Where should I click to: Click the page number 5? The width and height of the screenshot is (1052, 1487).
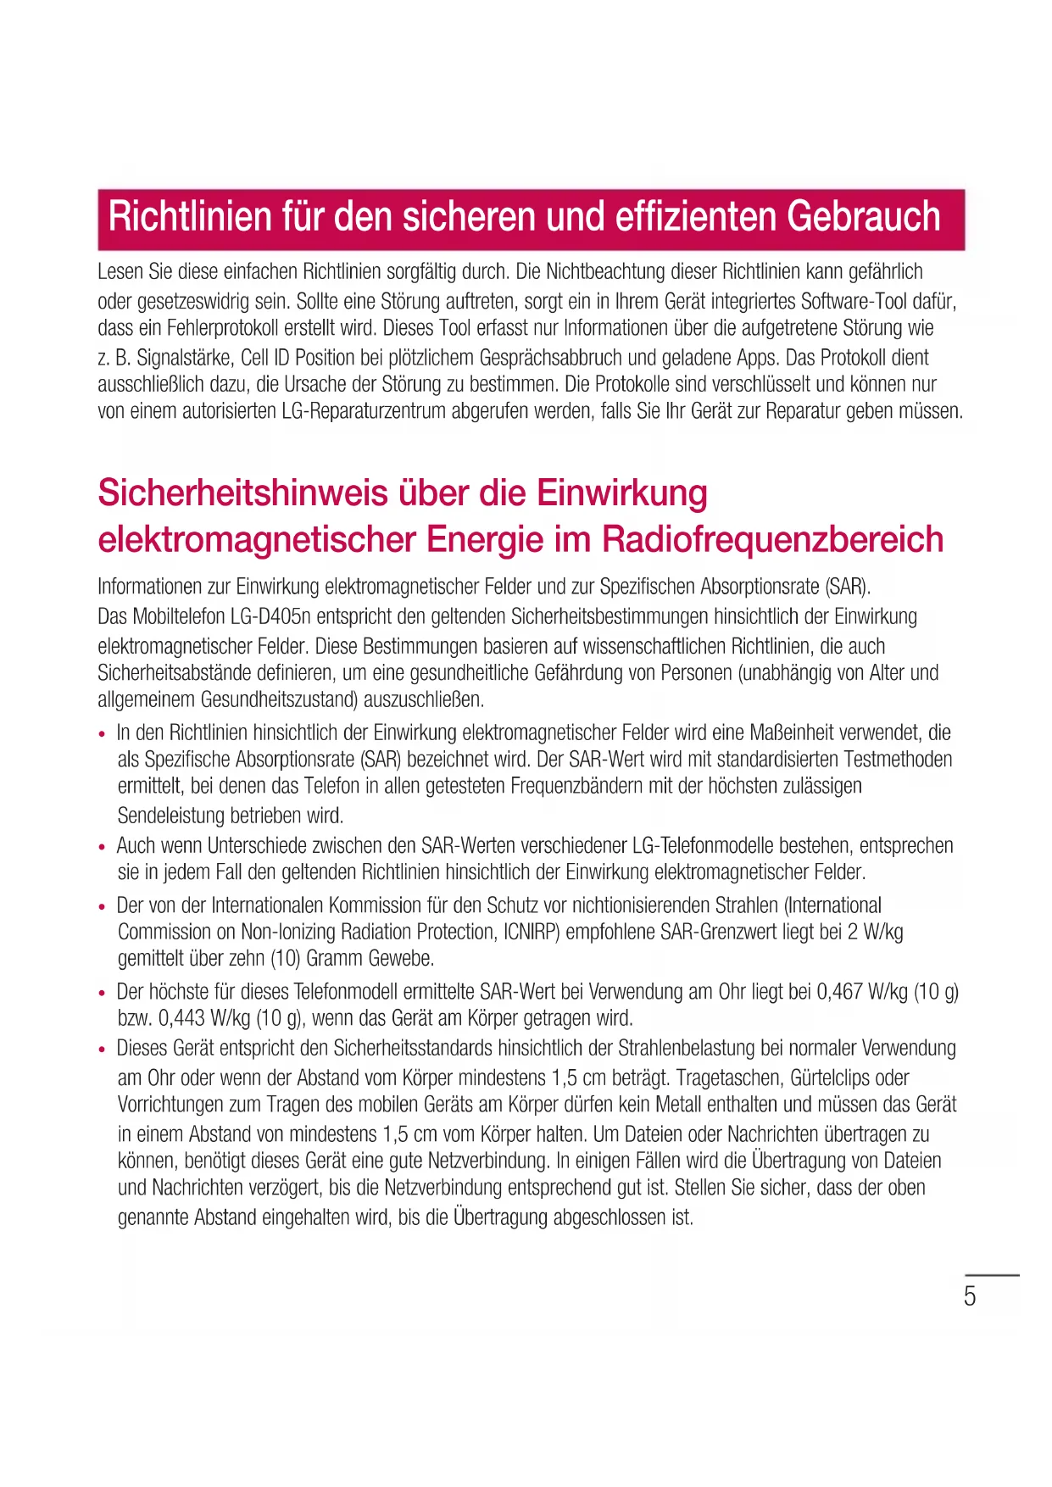(970, 1296)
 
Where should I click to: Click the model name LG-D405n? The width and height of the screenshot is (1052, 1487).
(270, 616)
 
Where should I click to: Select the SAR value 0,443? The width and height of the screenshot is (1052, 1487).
(181, 1017)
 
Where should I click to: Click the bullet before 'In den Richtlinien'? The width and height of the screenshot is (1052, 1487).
(103, 734)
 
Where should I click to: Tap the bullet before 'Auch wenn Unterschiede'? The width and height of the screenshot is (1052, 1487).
(103, 848)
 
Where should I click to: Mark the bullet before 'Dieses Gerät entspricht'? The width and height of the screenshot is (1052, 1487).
(103, 1050)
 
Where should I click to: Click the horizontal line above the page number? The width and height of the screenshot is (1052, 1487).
(992, 1274)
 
